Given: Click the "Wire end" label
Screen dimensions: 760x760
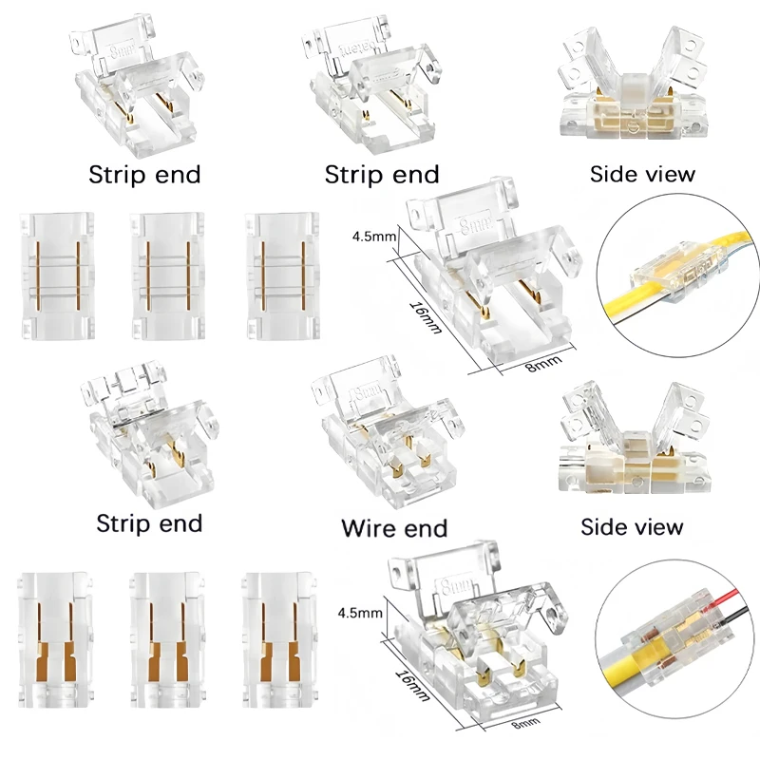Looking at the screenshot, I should tap(394, 527).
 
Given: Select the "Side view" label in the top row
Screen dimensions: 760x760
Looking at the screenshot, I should tap(642, 174).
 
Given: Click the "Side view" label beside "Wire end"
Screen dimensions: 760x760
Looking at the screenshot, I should tap(631, 525).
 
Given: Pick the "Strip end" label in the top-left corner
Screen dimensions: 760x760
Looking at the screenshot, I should tap(144, 175).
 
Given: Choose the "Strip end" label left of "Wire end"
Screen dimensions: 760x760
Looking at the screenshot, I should tap(149, 523).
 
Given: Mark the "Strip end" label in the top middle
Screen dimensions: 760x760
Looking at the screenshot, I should tap(381, 175).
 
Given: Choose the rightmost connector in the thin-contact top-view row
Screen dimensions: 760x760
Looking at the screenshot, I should tap(281, 275).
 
